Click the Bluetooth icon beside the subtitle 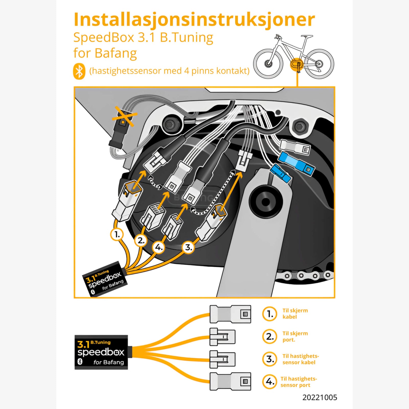pos(79,71)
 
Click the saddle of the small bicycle pos(307,37)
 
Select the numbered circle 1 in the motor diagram pos(117,234)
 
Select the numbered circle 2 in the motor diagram pos(141,240)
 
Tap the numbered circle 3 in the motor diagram pos(188,247)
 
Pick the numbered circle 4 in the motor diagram pos(159,247)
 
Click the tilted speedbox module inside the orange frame pos(105,279)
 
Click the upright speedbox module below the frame pos(101,352)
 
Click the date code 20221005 pos(320,397)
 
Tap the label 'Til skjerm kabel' pos(295,314)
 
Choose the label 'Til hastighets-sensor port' pos(298,382)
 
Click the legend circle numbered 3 pos(270,359)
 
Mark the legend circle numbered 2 pos(270,336)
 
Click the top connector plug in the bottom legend pos(230,314)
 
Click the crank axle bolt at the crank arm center pos(266,202)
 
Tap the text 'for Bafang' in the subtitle pos(105,53)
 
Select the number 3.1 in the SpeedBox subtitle pos(146,38)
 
